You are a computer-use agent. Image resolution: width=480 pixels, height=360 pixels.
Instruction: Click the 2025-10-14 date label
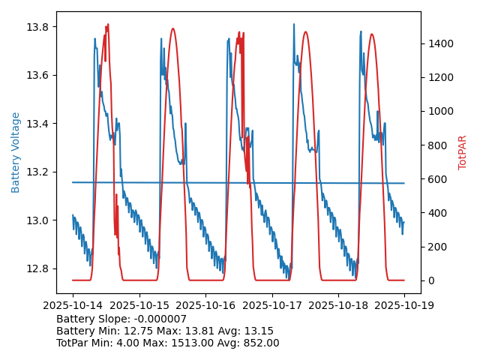tap(73, 305)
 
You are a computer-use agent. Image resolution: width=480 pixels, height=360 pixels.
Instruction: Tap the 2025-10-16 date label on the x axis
tap(205, 305)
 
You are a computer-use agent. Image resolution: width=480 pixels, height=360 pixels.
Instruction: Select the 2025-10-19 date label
tap(404, 305)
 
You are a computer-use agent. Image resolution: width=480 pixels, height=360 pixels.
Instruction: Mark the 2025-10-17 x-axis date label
tap(271, 305)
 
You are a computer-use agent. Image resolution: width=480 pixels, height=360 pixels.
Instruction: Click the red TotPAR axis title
tap(463, 152)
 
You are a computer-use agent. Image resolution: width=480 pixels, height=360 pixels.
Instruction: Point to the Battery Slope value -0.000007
tap(160, 319)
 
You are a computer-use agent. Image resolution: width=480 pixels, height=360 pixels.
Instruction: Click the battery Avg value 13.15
tap(258, 331)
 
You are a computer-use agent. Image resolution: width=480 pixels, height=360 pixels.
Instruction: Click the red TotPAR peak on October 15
tap(173, 29)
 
